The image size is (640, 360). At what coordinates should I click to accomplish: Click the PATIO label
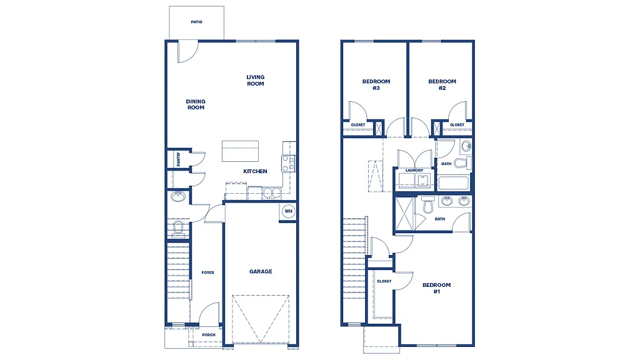[196, 22]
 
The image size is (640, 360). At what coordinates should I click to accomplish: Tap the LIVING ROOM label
[255, 81]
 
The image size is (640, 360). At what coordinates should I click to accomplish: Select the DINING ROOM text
[196, 104]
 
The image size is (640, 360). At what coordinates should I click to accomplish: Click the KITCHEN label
[255, 171]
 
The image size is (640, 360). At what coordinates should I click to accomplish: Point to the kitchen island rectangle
[240, 151]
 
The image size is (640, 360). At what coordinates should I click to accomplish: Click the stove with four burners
[288, 164]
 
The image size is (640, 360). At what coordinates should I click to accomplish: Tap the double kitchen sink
[272, 193]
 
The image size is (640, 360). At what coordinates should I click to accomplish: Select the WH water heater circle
[288, 211]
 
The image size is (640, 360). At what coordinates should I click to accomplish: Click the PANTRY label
[178, 159]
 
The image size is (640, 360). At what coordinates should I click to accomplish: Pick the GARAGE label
[261, 271]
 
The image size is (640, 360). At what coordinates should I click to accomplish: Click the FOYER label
[207, 272]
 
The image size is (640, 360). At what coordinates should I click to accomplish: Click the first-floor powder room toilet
[177, 229]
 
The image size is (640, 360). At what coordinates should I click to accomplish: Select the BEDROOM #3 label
[376, 84]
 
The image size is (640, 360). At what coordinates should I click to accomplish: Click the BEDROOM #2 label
[442, 84]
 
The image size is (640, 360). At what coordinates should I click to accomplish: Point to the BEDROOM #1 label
[436, 288]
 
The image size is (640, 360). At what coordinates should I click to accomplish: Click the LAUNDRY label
[414, 170]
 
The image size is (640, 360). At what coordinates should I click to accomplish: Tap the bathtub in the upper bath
[454, 184]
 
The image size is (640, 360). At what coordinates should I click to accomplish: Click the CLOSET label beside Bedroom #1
[384, 281]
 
